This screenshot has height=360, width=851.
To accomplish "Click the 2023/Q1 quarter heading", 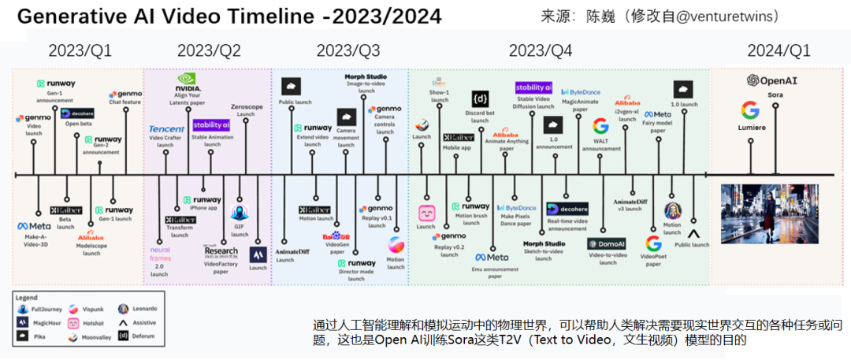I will point(80,51).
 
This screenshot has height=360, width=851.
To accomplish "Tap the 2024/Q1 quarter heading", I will point(779,51).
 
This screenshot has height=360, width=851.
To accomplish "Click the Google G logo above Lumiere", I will point(749,111).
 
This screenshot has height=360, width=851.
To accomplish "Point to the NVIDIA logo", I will point(187,80).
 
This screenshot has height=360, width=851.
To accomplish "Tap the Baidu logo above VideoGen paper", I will point(336,236).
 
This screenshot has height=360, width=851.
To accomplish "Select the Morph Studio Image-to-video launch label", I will point(366,83).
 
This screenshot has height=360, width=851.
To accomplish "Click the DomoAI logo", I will point(606,245).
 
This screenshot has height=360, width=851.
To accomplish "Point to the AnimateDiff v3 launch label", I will point(630,205).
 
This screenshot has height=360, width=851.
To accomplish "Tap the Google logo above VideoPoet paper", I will point(653,244).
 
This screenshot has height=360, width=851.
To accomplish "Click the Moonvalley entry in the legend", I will point(91,336).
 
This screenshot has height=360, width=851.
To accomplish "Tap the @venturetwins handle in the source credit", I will point(714,16).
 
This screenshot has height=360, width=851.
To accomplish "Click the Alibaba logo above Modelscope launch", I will point(91,237).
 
